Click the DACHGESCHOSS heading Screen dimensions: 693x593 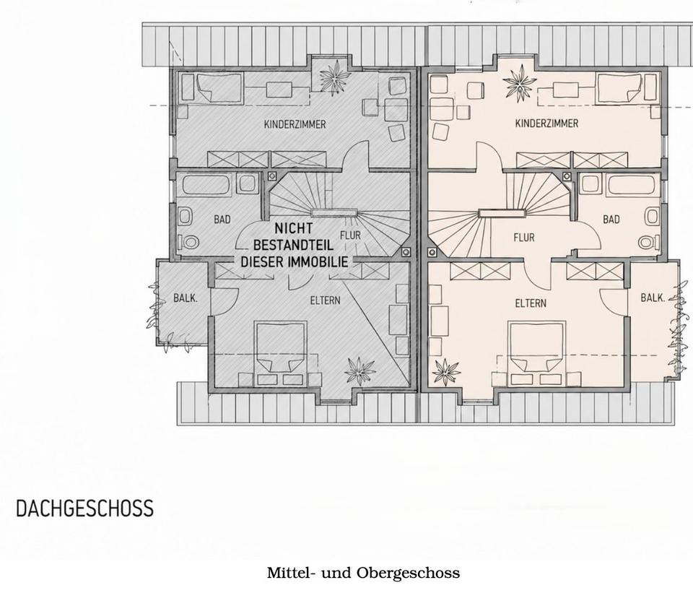click(85, 508)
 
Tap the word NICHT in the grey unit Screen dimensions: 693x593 click(294, 229)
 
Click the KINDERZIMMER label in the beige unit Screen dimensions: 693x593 click(546, 123)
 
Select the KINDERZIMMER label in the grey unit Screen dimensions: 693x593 click(295, 124)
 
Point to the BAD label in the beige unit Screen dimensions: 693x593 click(611, 220)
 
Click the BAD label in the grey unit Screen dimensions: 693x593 click(222, 220)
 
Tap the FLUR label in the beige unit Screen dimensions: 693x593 click(524, 238)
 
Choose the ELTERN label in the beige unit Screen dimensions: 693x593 click(531, 303)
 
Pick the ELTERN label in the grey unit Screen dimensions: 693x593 click(326, 300)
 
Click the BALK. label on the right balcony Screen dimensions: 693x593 click(653, 298)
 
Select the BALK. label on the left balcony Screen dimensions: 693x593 click(186, 298)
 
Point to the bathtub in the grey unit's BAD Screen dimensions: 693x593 click(207, 185)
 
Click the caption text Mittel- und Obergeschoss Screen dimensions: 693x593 click(363, 573)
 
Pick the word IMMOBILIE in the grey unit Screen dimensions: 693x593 click(318, 261)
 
